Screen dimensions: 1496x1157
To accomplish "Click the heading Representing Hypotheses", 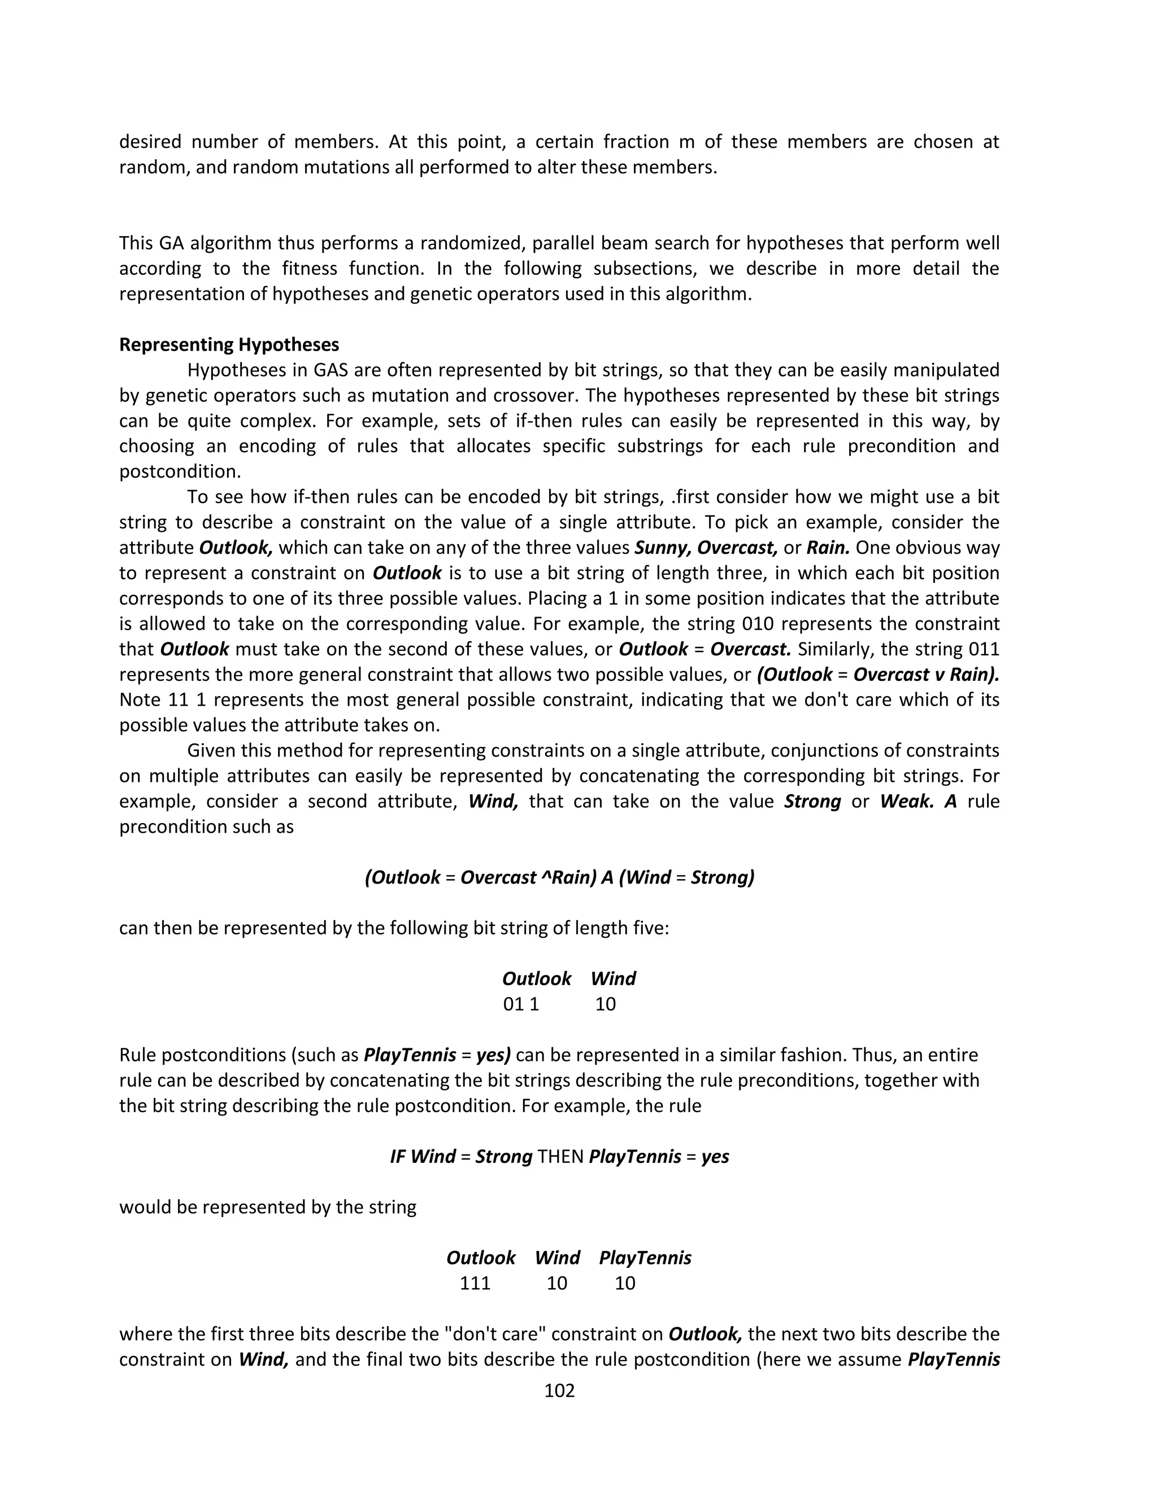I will (x=229, y=344).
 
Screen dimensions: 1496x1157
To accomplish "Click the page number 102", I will (x=559, y=1390).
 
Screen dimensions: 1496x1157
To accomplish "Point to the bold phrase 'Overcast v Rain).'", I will (x=926, y=675).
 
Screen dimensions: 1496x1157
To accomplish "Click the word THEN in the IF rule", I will (x=560, y=1157).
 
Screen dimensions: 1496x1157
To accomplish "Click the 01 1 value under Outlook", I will (x=521, y=1004).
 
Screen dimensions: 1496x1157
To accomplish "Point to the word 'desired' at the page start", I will (x=150, y=142).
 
